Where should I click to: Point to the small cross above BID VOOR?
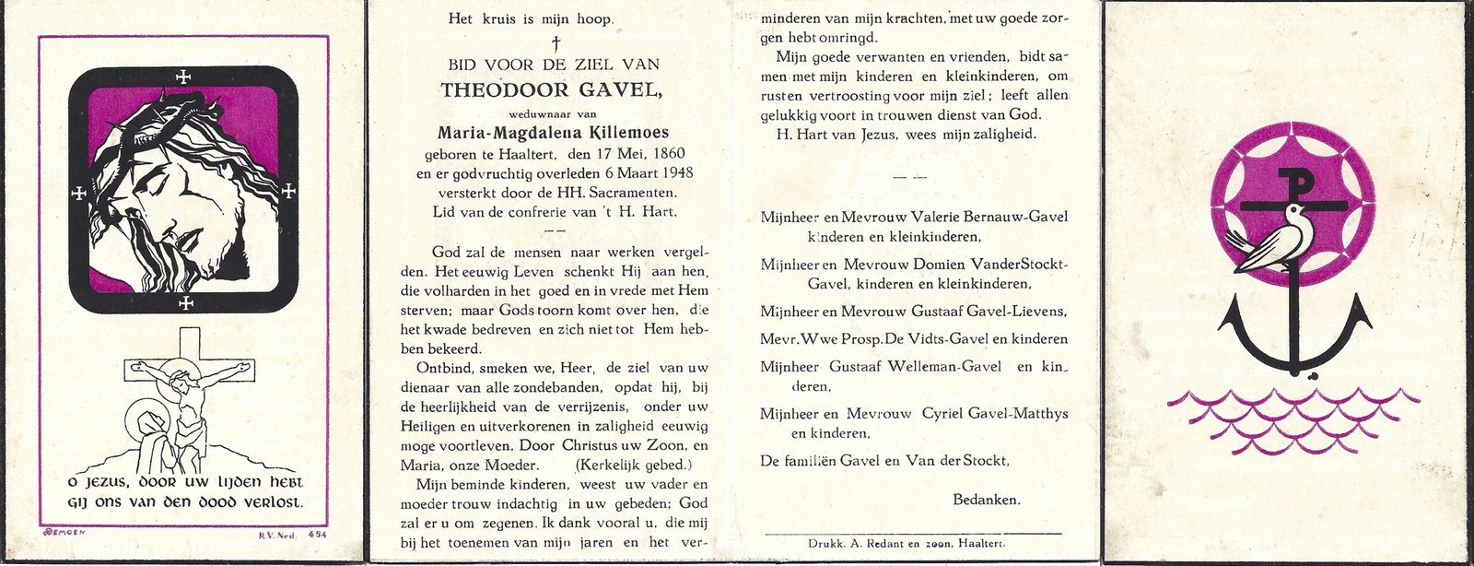coord(555,42)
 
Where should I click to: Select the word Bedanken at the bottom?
coord(986,500)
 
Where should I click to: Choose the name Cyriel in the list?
coord(943,414)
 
